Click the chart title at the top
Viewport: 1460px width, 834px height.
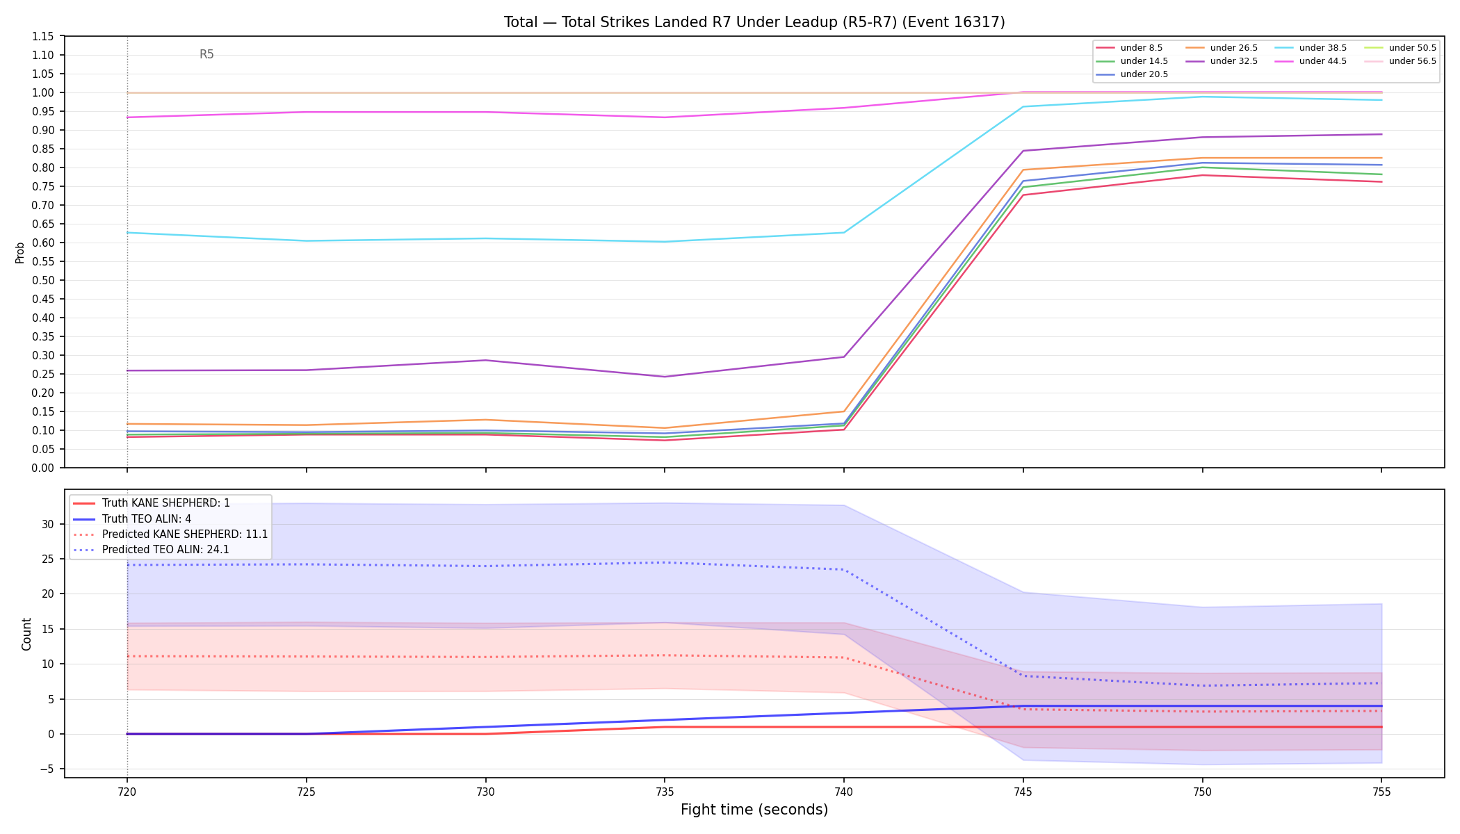point(754,22)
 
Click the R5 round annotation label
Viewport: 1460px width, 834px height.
point(206,54)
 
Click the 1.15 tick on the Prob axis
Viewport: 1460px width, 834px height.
point(43,36)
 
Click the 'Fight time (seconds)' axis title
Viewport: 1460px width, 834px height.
point(754,810)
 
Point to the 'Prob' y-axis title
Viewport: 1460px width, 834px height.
point(20,252)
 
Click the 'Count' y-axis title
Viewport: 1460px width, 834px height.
point(27,634)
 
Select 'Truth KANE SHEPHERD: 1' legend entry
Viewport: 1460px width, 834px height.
point(152,503)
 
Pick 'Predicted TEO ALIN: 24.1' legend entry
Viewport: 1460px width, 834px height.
point(152,550)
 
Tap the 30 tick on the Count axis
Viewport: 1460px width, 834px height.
point(48,524)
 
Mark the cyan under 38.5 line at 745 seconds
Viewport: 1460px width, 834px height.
point(1023,106)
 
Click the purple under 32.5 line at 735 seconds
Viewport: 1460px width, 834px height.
point(665,377)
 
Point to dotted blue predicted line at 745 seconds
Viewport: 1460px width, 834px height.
point(1023,676)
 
